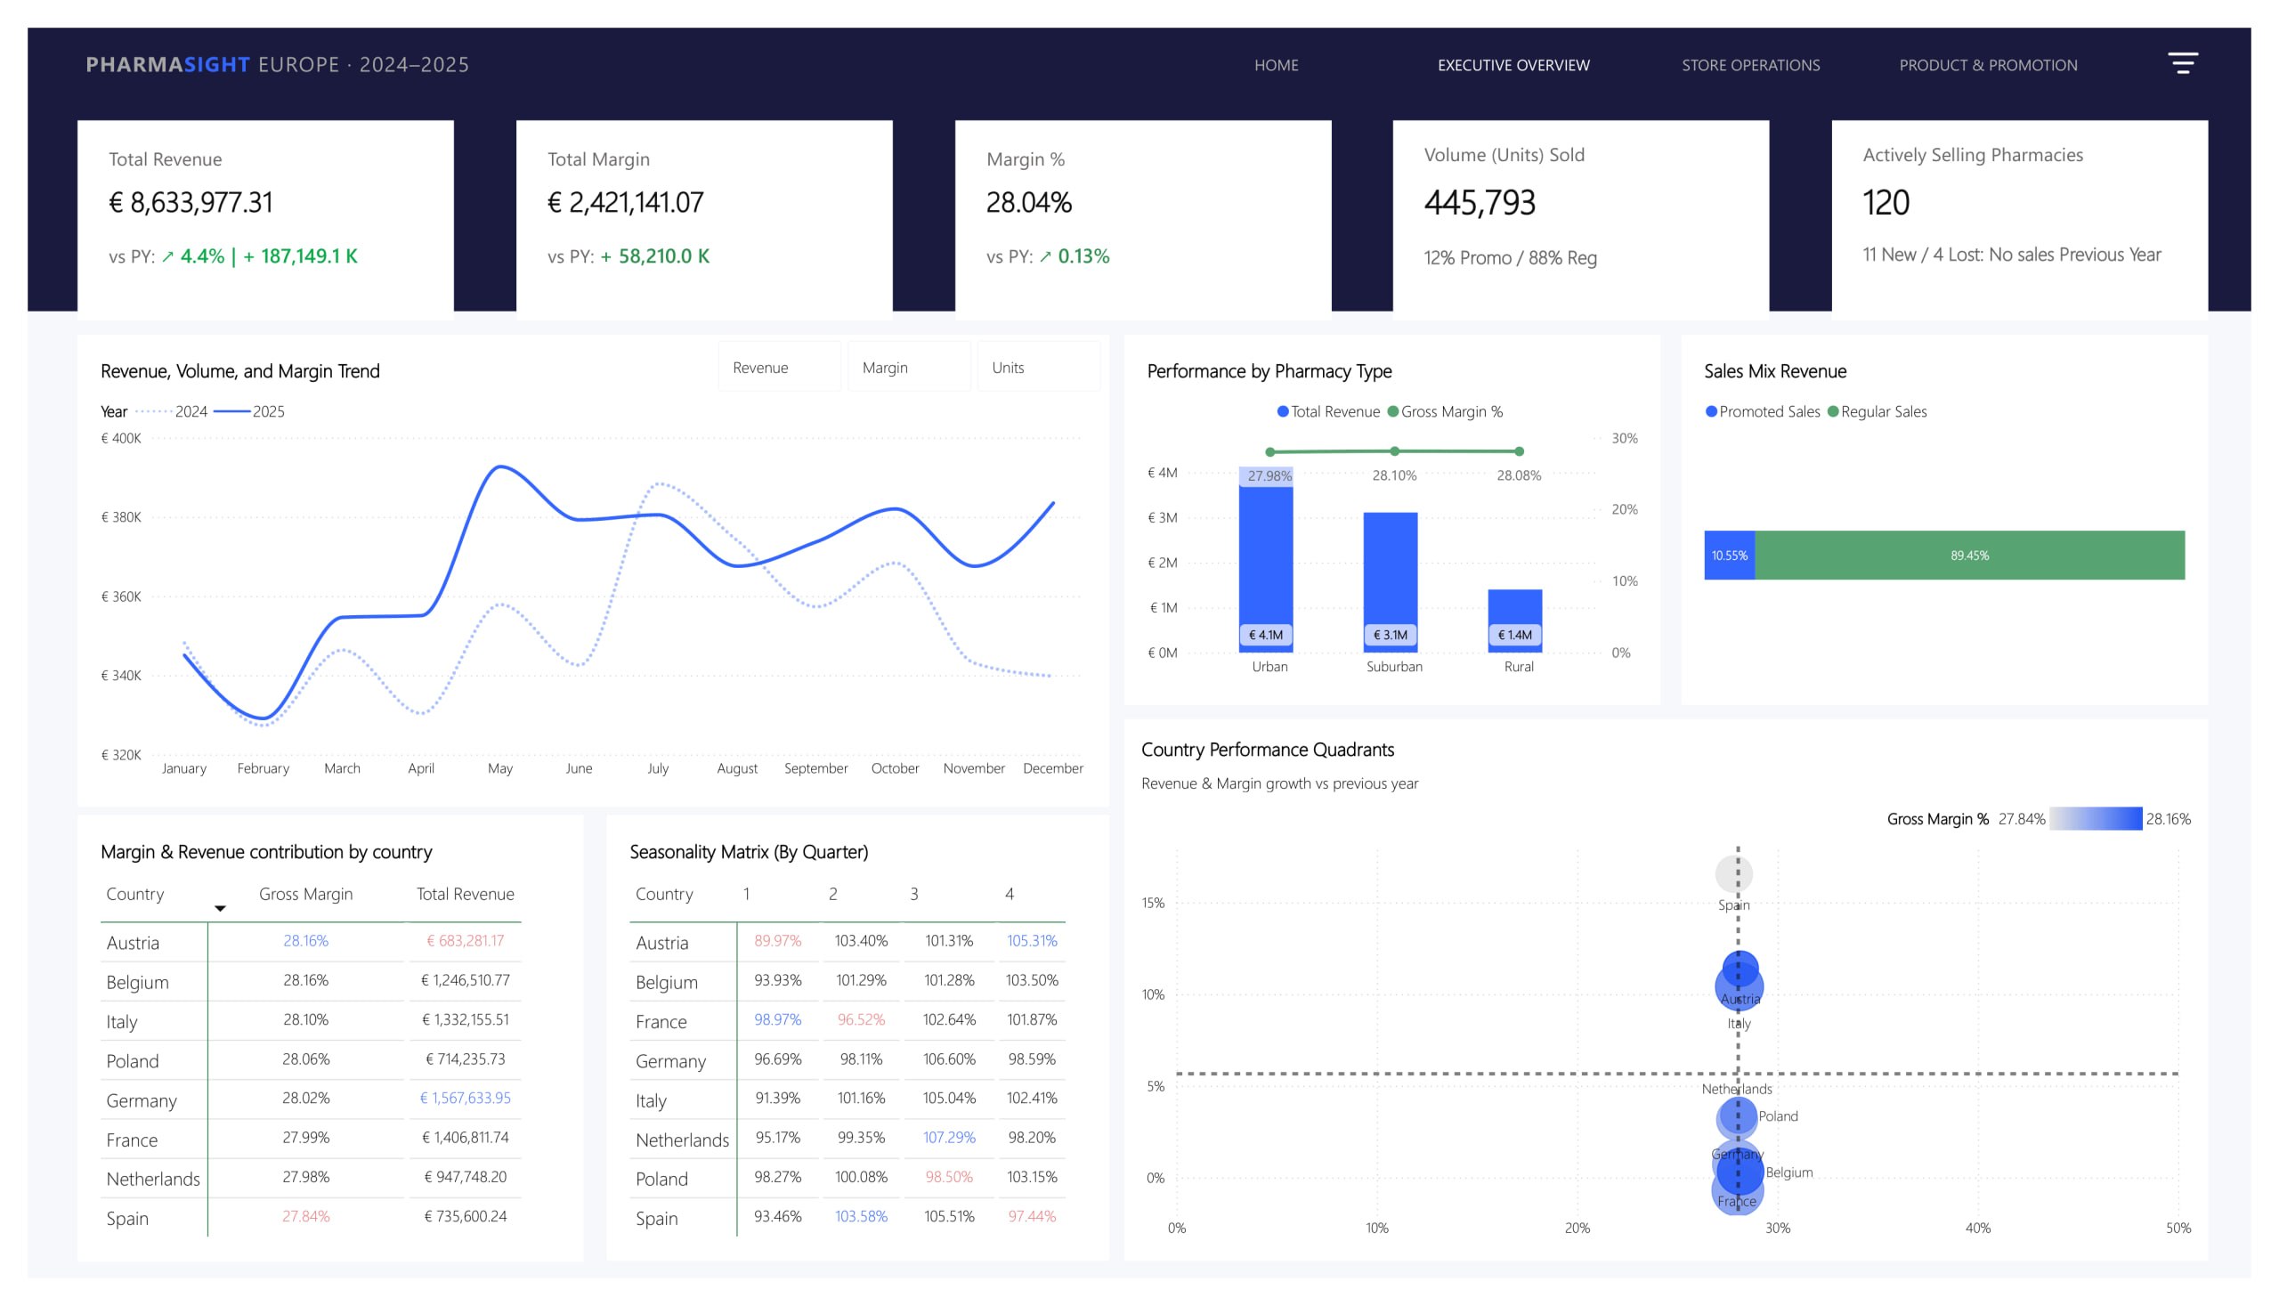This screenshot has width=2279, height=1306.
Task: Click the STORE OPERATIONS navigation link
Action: pos(1750,65)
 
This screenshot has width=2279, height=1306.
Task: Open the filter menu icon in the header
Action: pos(2181,63)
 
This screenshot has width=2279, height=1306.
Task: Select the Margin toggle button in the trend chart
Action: pos(909,367)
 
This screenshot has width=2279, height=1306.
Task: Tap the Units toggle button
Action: pos(1038,367)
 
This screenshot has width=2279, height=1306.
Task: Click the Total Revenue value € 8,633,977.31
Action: pos(191,202)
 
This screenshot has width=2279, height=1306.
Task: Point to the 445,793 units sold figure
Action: pos(1479,202)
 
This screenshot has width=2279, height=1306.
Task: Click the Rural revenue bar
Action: pos(1514,620)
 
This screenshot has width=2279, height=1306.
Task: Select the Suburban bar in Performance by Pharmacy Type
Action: pos(1390,582)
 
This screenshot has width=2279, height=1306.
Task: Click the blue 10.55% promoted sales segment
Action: pos(1728,555)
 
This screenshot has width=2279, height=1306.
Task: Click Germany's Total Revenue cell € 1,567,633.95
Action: pos(465,1097)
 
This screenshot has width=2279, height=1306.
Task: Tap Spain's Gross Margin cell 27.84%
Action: pos(305,1215)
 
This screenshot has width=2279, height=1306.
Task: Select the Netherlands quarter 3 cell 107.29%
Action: pos(948,1137)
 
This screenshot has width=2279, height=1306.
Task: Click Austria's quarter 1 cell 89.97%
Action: pos(776,940)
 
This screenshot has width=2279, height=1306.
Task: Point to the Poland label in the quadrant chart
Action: pos(1778,1115)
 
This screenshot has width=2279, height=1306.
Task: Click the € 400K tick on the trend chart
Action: pos(121,438)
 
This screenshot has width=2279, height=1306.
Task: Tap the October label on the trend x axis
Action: pos(894,767)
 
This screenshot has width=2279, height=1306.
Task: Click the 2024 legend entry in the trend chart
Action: pos(171,411)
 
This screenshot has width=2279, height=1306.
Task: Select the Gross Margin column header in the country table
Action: pos(305,894)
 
